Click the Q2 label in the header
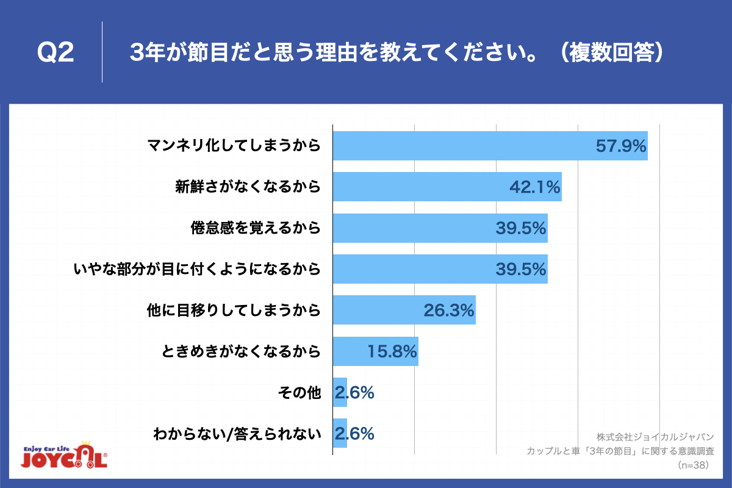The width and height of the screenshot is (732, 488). (56, 53)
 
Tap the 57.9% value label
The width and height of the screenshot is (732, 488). (620, 146)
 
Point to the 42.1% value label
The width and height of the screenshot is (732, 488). (534, 187)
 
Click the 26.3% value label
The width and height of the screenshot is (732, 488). (449, 310)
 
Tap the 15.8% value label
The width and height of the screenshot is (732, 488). (392, 351)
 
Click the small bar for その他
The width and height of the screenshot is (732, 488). (340, 393)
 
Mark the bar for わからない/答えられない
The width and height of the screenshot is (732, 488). (340, 434)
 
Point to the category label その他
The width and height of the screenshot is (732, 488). (299, 393)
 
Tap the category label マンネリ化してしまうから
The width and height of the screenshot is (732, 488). (234, 146)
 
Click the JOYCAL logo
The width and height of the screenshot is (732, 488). (64, 454)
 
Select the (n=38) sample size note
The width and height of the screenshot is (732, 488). (693, 465)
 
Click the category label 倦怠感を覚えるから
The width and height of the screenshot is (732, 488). (256, 228)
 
